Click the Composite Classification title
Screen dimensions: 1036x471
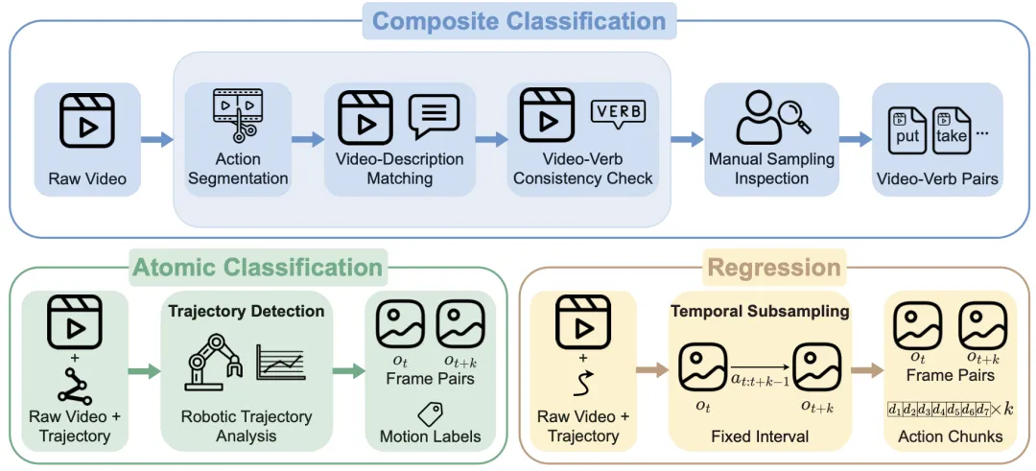[x=519, y=21]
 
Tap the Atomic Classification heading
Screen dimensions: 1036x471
[x=258, y=268]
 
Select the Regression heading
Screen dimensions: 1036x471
[x=774, y=269]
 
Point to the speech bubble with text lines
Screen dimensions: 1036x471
[x=434, y=116]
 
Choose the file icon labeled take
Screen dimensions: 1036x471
[x=950, y=132]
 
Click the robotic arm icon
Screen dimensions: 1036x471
[x=212, y=363]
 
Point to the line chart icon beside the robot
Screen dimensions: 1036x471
[x=280, y=365]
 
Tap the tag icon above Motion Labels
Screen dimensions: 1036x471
[x=430, y=413]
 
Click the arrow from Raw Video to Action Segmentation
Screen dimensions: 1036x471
[x=157, y=139]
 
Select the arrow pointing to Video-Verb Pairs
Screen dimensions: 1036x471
[x=856, y=139]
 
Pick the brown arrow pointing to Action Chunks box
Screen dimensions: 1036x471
[x=866, y=371]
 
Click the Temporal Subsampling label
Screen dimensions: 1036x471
[x=759, y=312]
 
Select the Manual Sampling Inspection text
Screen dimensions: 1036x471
[x=772, y=169]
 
